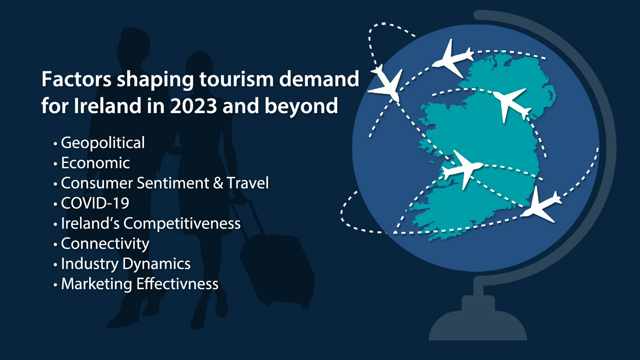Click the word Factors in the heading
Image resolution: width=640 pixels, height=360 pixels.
[x=76, y=79]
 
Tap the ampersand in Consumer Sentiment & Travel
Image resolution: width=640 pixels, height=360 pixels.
[x=218, y=183]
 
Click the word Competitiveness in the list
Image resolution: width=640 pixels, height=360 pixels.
[x=182, y=224]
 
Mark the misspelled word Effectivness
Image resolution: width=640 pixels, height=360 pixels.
[x=177, y=284]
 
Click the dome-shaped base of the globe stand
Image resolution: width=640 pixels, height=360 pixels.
[x=478, y=326]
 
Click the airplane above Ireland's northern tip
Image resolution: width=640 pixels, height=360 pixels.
[x=453, y=58]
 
